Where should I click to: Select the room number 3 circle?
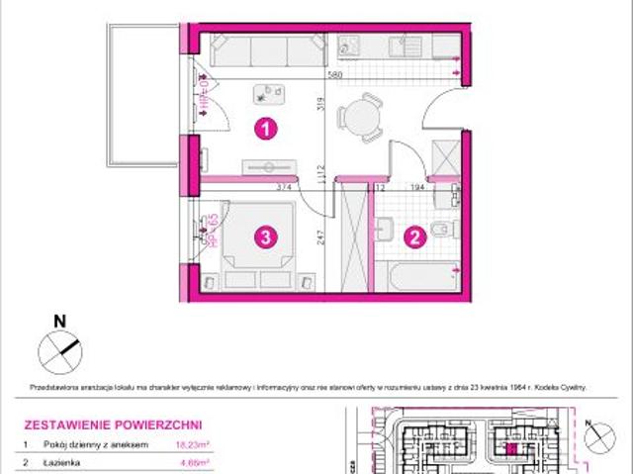coord(264,237)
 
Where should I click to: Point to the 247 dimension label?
coord(322,237)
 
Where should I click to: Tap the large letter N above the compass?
coord(59,320)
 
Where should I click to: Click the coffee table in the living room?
coord(267,94)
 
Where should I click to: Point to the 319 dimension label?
coord(322,103)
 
